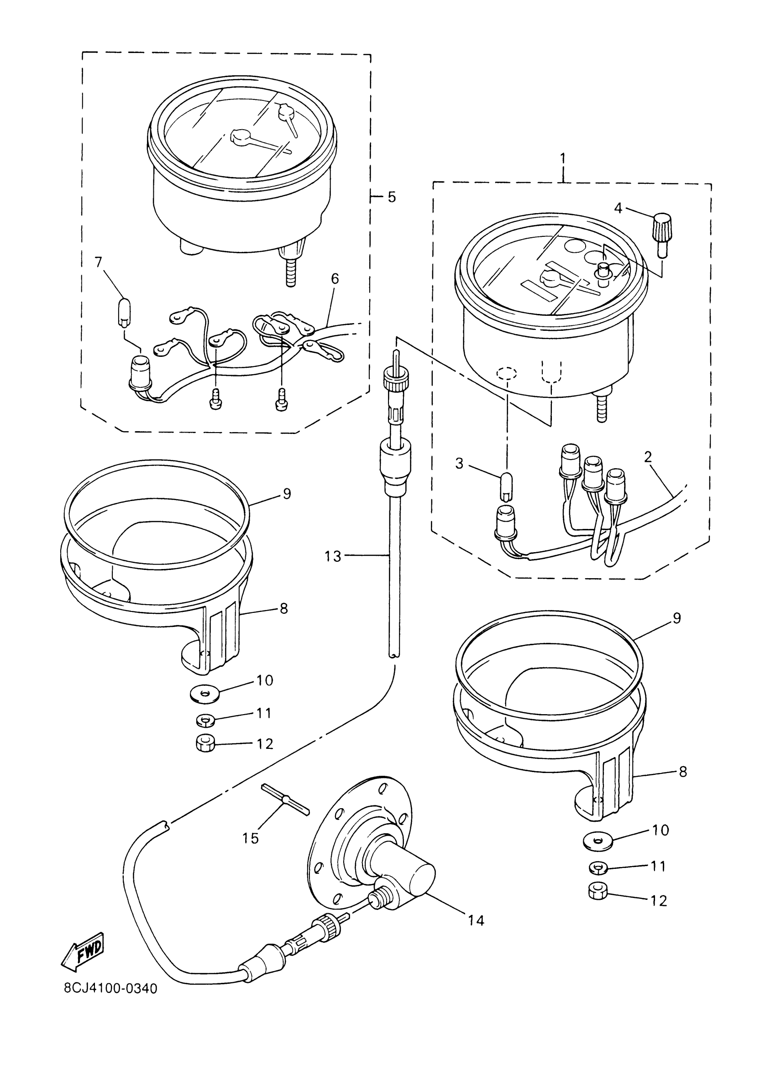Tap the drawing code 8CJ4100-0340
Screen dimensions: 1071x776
[110, 1007]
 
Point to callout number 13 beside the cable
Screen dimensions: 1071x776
[332, 557]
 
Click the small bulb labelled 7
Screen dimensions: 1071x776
[122, 311]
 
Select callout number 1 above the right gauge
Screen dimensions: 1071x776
[563, 158]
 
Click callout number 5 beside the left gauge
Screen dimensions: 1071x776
[392, 197]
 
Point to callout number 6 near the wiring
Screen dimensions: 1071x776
[335, 279]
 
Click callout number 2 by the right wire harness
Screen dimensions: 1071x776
[648, 457]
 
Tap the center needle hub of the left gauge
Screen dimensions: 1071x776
[241, 136]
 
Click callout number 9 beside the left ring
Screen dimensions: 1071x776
[287, 494]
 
